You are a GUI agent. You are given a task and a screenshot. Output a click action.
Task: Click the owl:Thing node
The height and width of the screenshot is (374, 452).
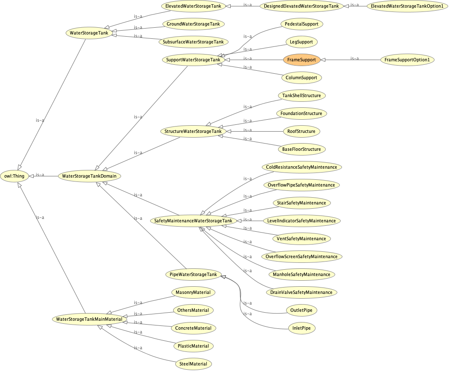point(14,176)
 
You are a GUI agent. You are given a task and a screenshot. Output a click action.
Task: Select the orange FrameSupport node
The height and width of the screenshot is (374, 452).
point(301,60)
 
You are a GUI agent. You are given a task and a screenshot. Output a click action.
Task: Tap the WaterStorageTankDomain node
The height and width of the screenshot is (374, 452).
point(90,176)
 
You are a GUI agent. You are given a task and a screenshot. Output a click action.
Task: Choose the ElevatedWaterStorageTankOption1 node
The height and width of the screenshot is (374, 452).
point(407,6)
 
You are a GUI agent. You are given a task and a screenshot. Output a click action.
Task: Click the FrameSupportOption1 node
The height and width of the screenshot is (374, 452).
point(407,60)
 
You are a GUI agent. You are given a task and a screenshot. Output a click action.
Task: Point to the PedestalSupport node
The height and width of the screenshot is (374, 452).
point(301,24)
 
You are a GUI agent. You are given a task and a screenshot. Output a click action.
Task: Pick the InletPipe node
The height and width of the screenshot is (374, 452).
point(301,328)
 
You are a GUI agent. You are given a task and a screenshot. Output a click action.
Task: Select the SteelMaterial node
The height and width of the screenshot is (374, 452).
point(193,364)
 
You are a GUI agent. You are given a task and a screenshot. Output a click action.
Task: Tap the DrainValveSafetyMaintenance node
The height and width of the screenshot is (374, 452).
point(301,293)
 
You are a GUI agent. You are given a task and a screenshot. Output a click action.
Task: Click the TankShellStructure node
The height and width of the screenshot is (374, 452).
point(301,95)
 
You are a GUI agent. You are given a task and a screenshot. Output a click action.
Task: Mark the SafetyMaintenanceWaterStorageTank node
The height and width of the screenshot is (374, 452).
point(193,221)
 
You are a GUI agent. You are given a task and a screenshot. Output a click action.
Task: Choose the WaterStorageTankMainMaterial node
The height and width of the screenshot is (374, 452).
point(90,319)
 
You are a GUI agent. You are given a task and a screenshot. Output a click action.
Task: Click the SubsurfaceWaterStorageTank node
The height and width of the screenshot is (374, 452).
point(193,42)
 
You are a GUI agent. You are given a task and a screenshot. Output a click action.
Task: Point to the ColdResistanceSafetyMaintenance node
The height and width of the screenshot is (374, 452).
point(301,167)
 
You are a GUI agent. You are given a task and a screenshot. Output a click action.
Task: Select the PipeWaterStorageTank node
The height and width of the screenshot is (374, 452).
point(193,274)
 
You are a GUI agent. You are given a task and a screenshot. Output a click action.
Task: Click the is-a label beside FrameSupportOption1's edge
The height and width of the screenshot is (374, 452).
point(355,58)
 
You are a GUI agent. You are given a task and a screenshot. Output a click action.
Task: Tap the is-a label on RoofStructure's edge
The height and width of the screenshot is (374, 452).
point(247,130)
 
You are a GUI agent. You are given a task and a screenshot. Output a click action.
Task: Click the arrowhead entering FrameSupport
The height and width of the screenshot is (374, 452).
point(323,60)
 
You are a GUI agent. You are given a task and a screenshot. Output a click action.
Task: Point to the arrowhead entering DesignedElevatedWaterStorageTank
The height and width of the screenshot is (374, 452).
point(346,6)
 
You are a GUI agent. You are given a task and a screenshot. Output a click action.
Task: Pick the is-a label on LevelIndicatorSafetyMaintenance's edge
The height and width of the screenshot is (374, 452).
point(247,219)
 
